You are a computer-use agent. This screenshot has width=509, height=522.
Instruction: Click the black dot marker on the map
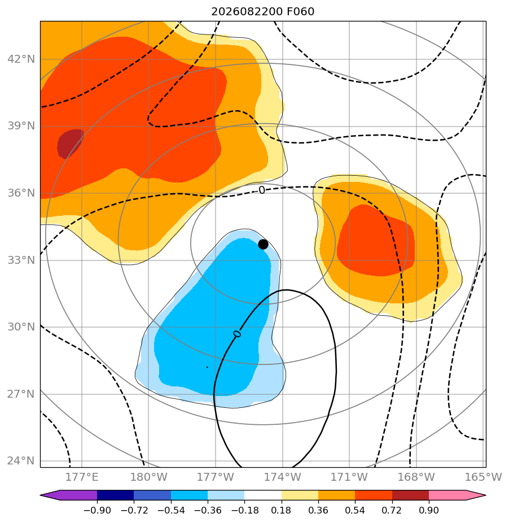click(263, 245)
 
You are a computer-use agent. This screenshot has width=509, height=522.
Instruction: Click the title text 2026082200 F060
click(262, 12)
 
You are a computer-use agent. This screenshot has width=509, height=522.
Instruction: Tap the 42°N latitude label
click(21, 59)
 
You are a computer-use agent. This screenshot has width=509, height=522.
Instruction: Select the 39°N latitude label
click(21, 126)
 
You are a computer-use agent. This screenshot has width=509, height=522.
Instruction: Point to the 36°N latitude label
click(21, 193)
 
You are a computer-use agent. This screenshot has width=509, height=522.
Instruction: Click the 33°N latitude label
click(21, 260)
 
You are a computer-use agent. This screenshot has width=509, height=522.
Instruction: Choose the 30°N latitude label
click(21, 327)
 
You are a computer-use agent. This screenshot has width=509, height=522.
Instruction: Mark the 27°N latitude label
click(21, 394)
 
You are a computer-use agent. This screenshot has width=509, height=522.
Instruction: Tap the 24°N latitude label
click(21, 461)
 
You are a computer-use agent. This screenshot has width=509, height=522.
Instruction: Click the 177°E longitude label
click(82, 477)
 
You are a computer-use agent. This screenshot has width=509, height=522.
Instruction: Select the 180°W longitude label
click(148, 477)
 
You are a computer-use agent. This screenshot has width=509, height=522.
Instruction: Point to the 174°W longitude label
click(283, 477)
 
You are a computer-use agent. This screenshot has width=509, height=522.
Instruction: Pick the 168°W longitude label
click(416, 477)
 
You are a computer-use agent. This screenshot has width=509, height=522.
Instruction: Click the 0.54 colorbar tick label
click(355, 510)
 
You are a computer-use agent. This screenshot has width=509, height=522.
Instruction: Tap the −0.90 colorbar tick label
click(97, 510)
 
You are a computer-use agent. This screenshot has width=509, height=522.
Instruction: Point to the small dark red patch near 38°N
click(70, 143)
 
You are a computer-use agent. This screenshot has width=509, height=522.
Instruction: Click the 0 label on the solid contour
click(237, 334)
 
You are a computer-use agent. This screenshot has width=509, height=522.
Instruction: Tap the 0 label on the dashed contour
click(262, 190)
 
